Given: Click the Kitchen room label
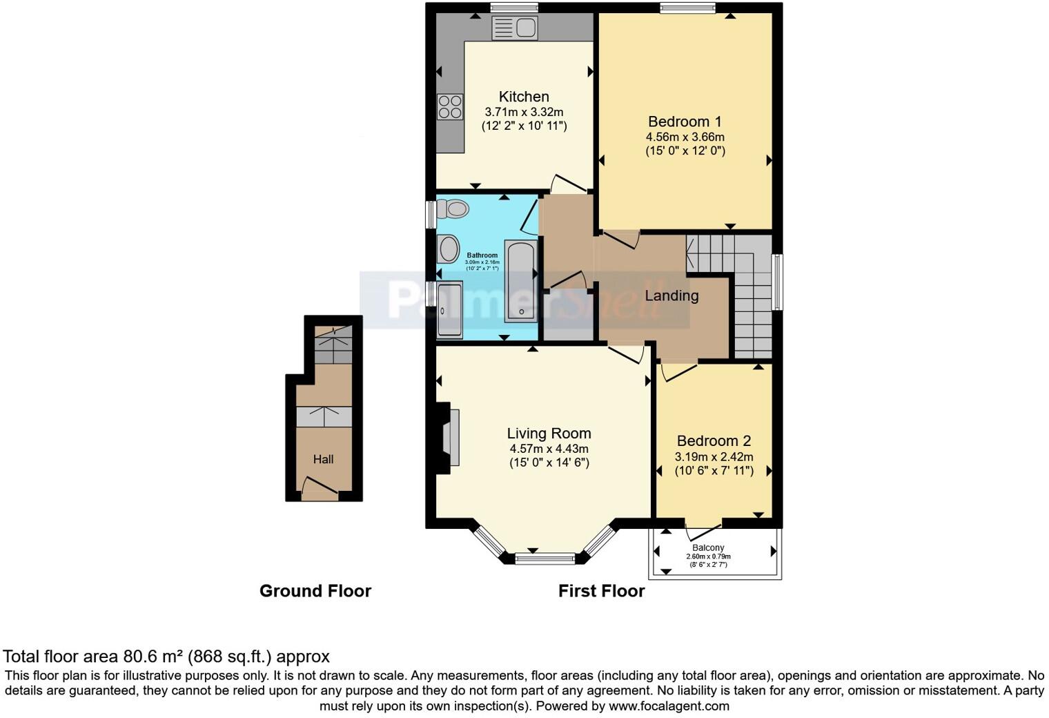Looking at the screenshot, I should tap(524, 97).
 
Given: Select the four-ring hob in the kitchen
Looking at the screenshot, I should tap(450, 107).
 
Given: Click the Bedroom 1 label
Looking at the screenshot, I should tap(685, 122).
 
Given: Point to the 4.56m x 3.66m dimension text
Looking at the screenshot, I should tap(685, 137).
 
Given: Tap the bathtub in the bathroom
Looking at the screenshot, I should tap(521, 281).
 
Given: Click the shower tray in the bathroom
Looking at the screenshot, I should tap(450, 309).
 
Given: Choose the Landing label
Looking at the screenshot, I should tap(671, 295).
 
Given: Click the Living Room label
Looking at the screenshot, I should tap(549, 434).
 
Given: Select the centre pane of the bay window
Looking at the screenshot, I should tap(545, 558).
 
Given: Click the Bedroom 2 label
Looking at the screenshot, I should tap(714, 441).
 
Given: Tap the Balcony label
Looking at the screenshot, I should tap(708, 547).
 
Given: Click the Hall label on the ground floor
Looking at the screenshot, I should tap(323, 459).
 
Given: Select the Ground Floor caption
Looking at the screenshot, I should tap(315, 591).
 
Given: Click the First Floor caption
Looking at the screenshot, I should tap(601, 591).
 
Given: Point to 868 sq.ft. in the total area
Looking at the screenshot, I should tap(223, 656).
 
